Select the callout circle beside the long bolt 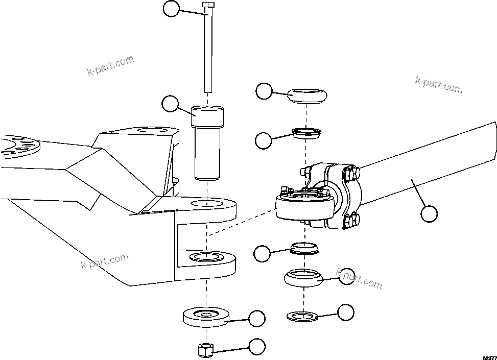[171, 9]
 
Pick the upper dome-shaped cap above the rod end [307, 95]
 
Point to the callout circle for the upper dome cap [264, 91]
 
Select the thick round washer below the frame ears [206, 317]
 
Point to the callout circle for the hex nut [257, 347]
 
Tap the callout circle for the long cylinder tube [429, 214]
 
